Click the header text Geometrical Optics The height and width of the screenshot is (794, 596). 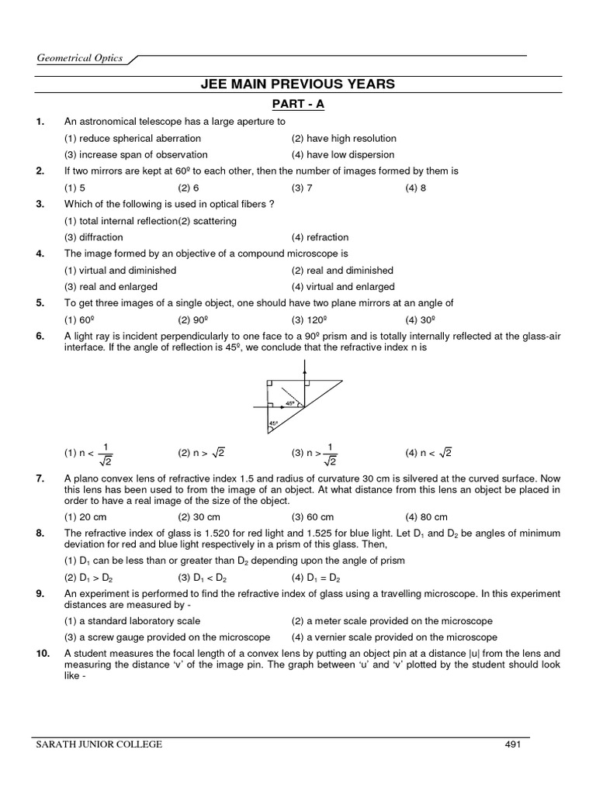80,58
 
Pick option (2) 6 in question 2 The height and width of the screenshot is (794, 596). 189,188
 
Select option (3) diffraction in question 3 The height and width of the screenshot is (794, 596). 93,237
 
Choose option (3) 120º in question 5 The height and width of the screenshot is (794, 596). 308,320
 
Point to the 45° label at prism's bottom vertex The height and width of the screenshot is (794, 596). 272,424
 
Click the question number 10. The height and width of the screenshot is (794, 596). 42,654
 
